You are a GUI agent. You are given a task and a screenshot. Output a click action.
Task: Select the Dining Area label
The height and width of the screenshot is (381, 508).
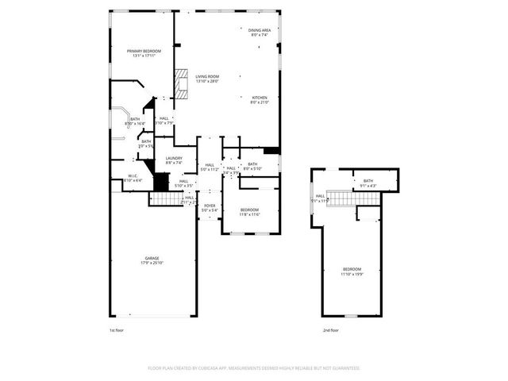point(260,33)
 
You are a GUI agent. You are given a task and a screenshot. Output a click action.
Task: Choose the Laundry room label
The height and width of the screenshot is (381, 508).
point(174,160)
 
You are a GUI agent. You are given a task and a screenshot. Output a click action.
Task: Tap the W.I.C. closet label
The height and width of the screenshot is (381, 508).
point(133,179)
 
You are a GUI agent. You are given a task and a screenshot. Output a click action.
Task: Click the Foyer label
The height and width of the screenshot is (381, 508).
point(210,207)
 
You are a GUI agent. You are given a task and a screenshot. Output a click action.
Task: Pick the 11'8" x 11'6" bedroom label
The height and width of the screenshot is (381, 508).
point(250,212)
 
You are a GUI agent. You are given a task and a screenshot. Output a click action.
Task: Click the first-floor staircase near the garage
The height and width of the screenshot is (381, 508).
point(162,199)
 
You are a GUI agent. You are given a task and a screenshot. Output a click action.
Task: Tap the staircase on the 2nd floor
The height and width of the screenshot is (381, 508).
point(341,198)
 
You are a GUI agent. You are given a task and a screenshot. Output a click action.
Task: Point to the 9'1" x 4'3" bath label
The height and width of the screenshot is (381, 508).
point(368,183)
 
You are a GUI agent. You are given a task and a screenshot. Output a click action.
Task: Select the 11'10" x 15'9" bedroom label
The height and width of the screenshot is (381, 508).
point(352,271)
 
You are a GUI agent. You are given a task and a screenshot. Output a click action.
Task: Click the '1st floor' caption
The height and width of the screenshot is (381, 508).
point(117,329)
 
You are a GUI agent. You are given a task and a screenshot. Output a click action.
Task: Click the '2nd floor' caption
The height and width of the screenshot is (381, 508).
point(330,329)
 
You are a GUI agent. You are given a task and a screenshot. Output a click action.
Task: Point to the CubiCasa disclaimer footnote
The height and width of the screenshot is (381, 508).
point(254,368)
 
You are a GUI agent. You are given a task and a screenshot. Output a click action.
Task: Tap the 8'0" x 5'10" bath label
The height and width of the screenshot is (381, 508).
point(252,166)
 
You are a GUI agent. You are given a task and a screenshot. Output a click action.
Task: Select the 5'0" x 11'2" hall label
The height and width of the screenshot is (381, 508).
point(210,167)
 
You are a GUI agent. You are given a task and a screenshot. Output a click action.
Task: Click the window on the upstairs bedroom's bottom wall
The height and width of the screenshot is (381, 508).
point(350,316)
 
